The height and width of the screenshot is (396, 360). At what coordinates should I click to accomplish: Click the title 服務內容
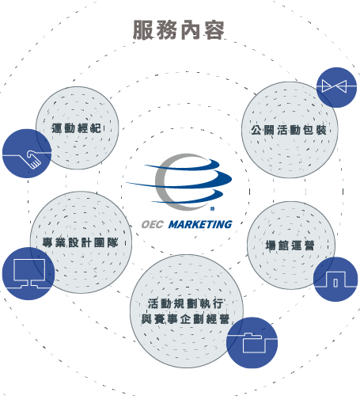point(179,30)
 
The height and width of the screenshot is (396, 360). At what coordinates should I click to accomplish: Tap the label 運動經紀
point(76,128)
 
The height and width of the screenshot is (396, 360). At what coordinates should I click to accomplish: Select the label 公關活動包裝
point(289,130)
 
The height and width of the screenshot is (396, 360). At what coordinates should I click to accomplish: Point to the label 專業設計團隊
point(80,242)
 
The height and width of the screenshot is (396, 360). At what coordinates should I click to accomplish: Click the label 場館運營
point(290,246)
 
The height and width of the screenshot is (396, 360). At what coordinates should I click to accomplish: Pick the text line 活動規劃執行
point(186,303)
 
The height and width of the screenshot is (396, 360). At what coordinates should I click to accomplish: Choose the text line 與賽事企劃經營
point(185,319)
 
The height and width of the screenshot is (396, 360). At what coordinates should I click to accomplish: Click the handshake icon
point(33,159)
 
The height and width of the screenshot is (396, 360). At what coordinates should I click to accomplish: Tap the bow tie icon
point(334,86)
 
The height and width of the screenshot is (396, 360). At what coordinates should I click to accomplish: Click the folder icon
point(254,343)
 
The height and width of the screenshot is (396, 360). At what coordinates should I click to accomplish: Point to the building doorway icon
point(335,279)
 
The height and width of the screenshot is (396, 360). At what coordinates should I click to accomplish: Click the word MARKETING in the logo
point(200,224)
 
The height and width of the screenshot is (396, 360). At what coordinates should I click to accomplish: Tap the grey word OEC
point(153,225)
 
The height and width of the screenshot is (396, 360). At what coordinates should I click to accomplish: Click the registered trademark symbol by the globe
point(212,209)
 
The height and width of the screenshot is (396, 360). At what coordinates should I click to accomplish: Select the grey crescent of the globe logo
point(161,182)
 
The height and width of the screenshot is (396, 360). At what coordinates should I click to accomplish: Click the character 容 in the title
point(214,30)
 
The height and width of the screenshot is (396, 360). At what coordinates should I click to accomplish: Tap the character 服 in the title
point(143,30)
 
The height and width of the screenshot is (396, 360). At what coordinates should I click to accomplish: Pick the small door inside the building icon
point(335,283)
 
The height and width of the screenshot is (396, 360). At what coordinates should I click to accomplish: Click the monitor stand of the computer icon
point(29,284)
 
